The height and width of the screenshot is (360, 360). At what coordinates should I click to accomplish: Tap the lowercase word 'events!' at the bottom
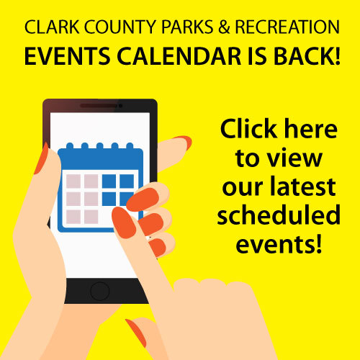(x=278, y=243)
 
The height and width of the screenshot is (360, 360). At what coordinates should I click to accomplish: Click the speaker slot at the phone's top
(x=97, y=106)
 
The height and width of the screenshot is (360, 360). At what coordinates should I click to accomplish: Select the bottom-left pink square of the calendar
(x=73, y=215)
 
